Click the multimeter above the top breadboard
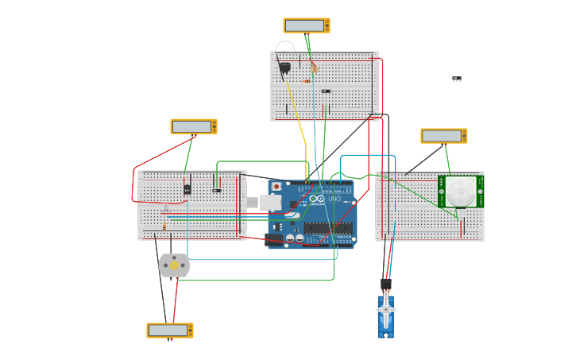[306, 25]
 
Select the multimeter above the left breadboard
[193, 126]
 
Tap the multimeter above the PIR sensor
[443, 136]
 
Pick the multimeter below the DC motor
[169, 330]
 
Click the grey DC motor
[174, 265]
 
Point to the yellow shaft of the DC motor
[174, 265]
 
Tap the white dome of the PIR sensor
[460, 191]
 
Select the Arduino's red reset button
[276, 187]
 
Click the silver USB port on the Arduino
[270, 203]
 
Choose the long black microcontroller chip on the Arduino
[328, 228]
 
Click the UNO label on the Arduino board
[334, 198]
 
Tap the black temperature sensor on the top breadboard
[284, 68]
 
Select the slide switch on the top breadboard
[326, 91]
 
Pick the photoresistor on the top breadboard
[314, 68]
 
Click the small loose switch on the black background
[457, 79]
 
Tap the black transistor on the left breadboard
[187, 189]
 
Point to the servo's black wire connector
[386, 285]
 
